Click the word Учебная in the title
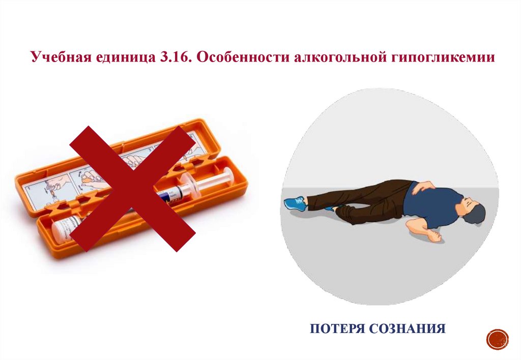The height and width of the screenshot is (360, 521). click(x=61, y=56)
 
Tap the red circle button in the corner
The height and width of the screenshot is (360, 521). click(x=498, y=340)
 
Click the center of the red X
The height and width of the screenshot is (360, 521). click(x=132, y=188)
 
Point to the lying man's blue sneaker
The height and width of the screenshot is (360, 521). click(x=295, y=203)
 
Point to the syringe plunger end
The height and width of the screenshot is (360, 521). click(x=229, y=176)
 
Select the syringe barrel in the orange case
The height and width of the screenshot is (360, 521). click(x=173, y=193)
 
